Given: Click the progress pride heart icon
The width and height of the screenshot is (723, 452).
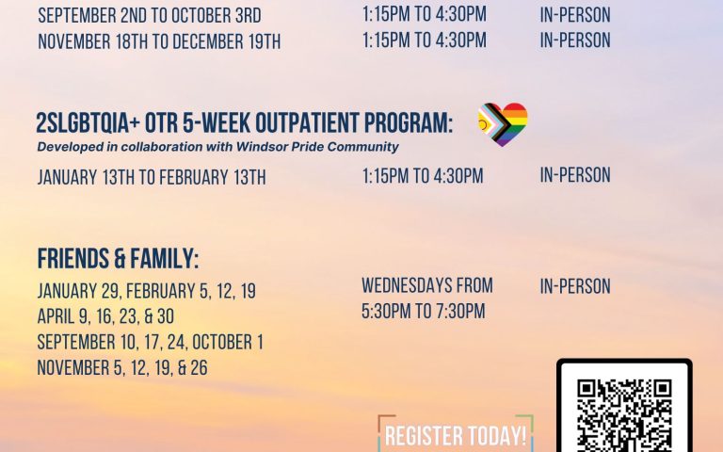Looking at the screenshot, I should pos(503,123).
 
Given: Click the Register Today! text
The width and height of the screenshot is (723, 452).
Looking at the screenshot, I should pos(456,437).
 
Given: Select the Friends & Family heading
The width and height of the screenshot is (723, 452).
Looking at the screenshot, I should pos(118,260).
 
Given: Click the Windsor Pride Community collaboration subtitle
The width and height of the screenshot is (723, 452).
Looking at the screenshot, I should pos(218,147).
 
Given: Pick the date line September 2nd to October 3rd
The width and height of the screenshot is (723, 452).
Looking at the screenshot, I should pos(149,16).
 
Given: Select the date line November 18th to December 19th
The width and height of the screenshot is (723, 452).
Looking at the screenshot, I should pos(158,41).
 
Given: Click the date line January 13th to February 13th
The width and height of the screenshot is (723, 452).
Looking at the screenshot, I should pos(152,177).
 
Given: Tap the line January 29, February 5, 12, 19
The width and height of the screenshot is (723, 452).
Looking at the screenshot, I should pos(146,292).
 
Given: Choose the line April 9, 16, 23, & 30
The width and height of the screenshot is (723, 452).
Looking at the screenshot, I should pos(105,316).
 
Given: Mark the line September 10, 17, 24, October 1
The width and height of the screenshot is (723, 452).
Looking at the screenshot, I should pos(150,342).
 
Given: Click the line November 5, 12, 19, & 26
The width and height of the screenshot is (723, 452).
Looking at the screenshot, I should pos(122,367).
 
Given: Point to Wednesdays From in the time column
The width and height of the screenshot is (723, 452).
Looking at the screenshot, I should pos(426,285).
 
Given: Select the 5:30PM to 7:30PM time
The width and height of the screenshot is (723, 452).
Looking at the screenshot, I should pos(423,311).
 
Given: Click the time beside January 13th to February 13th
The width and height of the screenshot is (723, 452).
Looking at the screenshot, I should pos(423,176).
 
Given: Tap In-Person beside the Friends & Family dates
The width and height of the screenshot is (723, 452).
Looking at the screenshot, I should pos(575,286).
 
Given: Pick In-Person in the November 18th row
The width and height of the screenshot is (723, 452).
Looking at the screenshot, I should pos(575,40).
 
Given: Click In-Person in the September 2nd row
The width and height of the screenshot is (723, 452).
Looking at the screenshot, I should pos(575,15).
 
